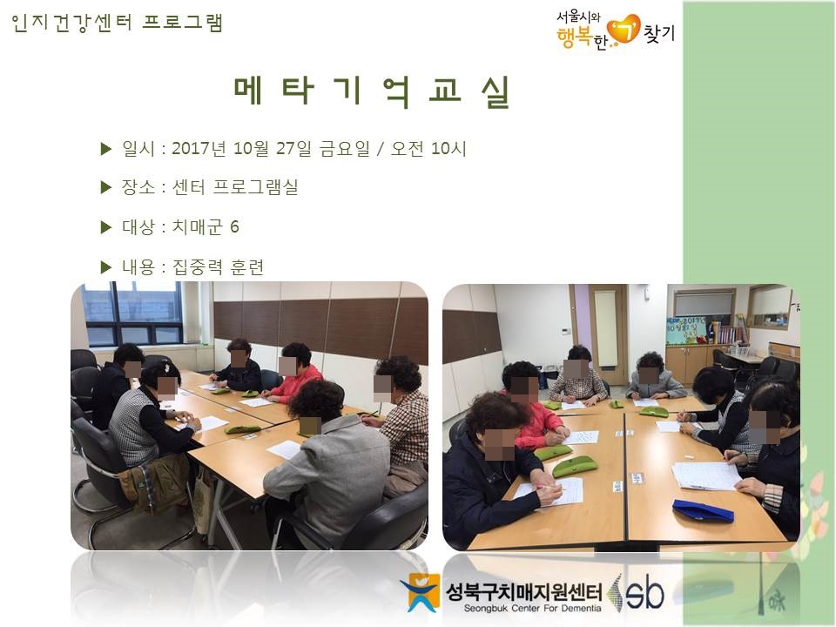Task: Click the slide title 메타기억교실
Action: (x=372, y=92)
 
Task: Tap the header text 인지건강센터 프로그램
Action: (x=117, y=23)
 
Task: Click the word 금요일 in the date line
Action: (x=345, y=148)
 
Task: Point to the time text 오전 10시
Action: (x=428, y=148)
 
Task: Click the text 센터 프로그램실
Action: (x=234, y=187)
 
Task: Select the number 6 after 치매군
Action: (x=234, y=227)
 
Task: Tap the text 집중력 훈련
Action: (x=218, y=266)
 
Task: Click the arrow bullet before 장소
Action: (x=106, y=187)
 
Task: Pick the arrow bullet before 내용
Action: (x=106, y=267)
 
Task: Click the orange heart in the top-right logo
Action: (x=624, y=30)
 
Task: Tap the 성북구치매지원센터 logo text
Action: (x=523, y=591)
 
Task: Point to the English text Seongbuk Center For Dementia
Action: (x=532, y=609)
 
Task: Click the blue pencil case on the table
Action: (x=703, y=510)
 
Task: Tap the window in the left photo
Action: (x=133, y=313)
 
